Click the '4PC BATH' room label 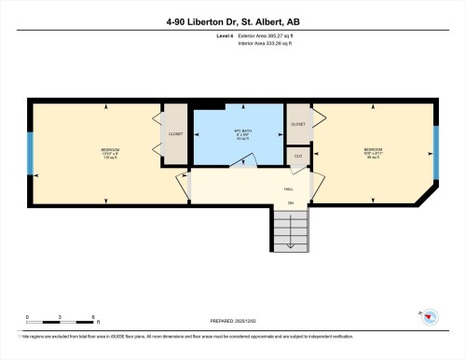[244, 132]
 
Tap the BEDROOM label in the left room [110, 150]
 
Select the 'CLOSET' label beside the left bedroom [175, 134]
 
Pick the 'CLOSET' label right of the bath [298, 123]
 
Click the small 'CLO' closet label [298, 155]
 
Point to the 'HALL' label [289, 189]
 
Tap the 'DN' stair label [290, 202]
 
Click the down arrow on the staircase [290, 233]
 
